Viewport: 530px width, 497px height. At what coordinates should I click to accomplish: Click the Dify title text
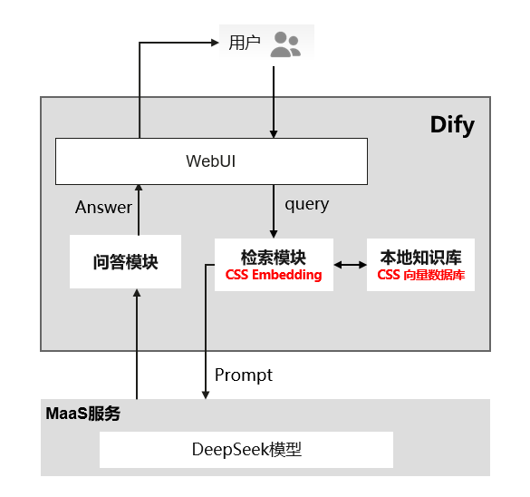[x=452, y=125]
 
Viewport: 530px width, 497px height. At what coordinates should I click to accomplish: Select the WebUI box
[x=212, y=161]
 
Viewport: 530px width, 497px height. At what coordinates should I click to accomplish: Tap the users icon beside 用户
[x=285, y=44]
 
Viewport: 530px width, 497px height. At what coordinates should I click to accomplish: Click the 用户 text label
[x=245, y=43]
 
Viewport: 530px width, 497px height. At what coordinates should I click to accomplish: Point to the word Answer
[x=104, y=207]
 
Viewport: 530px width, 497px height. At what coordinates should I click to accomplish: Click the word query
[x=307, y=205]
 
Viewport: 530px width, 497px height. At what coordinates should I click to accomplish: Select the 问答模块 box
[x=125, y=261]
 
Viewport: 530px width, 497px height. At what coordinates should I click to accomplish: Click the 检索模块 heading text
[x=274, y=258]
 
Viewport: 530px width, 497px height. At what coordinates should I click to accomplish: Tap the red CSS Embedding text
[x=274, y=275]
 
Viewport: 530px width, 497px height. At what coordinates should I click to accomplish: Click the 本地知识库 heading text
[x=420, y=258]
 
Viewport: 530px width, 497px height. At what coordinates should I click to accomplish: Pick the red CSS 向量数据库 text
[x=420, y=275]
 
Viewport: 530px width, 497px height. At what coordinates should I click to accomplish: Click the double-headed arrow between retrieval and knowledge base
[x=351, y=265]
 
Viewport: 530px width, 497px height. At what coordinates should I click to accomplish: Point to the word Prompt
[x=244, y=375]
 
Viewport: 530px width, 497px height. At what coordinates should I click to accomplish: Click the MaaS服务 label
[x=83, y=413]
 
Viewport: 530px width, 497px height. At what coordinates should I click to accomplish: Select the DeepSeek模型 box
[x=246, y=450]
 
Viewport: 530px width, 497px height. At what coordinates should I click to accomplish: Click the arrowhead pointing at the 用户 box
[x=215, y=43]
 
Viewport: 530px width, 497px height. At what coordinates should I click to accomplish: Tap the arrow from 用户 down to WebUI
[x=274, y=102]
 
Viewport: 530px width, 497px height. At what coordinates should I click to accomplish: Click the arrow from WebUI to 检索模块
[x=274, y=211]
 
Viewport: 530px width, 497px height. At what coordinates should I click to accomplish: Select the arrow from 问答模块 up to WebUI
[x=139, y=210]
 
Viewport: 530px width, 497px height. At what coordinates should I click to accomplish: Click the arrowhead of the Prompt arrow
[x=206, y=395]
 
